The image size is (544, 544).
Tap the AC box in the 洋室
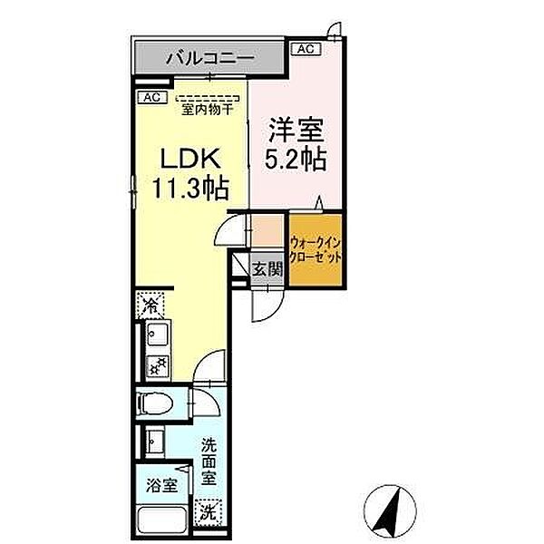[x=305, y=49]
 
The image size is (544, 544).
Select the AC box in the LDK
[x=151, y=97]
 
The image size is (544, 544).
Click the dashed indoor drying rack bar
[x=208, y=98]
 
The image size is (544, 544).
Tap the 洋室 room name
[x=296, y=130]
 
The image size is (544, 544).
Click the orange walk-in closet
[x=316, y=250]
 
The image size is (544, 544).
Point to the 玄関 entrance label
[x=267, y=269]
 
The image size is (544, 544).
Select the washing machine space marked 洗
[x=210, y=511]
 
